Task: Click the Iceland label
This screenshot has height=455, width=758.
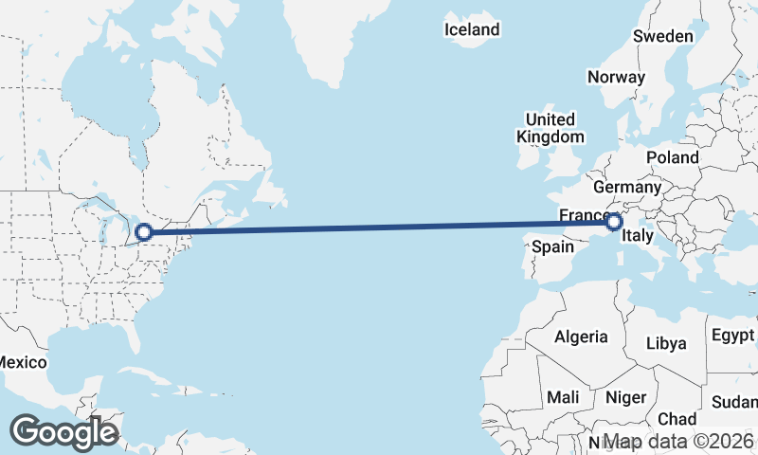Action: click(x=472, y=30)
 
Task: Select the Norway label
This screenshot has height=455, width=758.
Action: click(x=616, y=77)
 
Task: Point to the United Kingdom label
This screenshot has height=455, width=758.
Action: click(x=550, y=128)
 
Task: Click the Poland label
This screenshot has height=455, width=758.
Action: click(x=672, y=157)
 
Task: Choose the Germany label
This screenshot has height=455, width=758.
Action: click(x=627, y=187)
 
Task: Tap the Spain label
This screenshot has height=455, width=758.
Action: click(x=553, y=246)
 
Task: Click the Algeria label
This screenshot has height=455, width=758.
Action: click(x=581, y=337)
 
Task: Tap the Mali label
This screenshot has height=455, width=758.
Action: click(x=563, y=397)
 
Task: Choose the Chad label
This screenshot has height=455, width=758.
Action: click(x=677, y=419)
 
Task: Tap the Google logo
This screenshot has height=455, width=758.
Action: click(x=63, y=433)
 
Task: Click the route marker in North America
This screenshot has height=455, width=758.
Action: click(x=144, y=231)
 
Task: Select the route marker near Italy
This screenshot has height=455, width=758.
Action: click(x=614, y=222)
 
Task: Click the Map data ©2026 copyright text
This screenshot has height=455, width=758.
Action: click(x=679, y=441)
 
